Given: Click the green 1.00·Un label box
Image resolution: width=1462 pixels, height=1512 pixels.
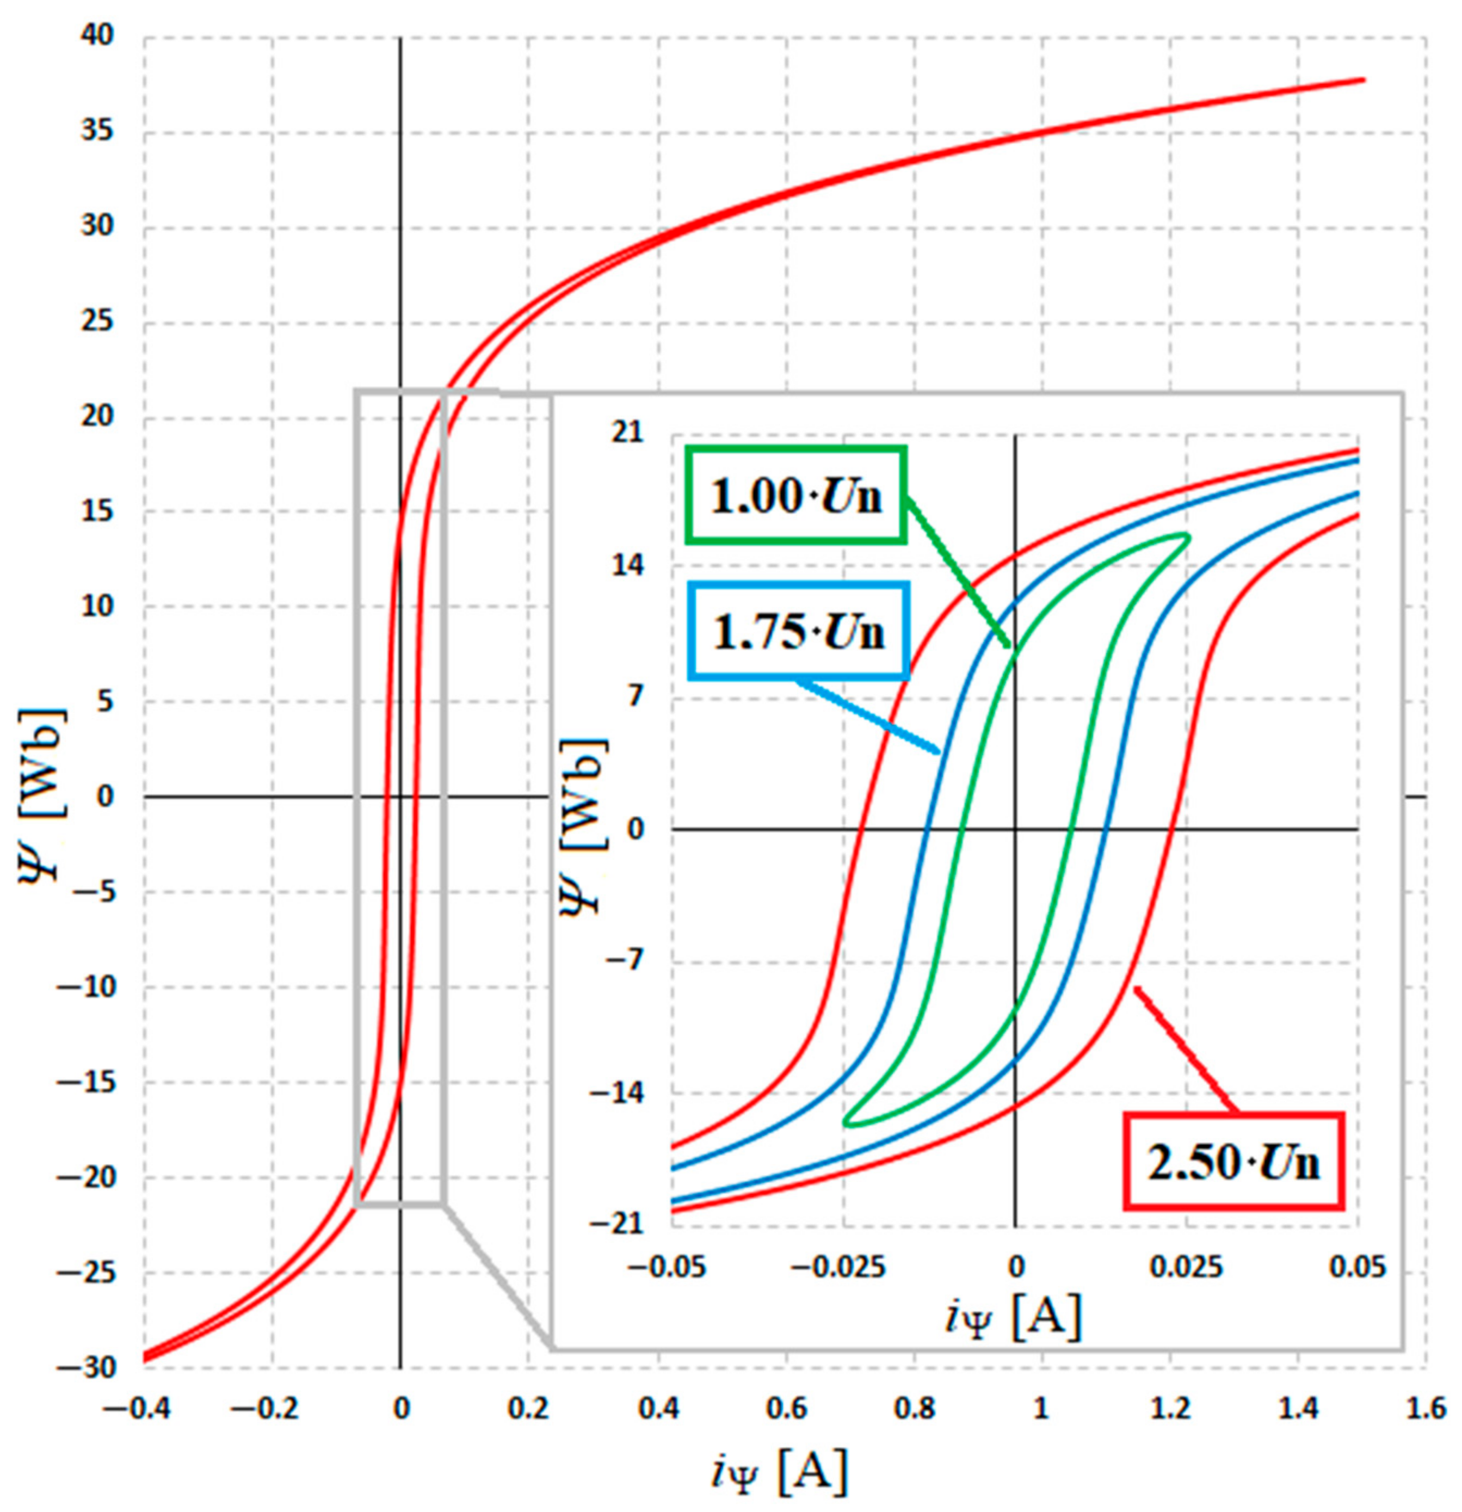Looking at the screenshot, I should tap(796, 495).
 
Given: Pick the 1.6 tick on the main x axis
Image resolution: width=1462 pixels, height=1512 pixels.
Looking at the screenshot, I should tap(1425, 1409).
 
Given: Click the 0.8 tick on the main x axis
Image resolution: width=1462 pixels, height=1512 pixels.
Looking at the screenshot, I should tap(914, 1409).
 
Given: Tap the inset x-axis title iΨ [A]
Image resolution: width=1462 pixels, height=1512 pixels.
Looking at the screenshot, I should tap(1013, 1317).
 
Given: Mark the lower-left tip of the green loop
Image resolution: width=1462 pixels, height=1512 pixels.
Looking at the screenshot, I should tap(846, 1122).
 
